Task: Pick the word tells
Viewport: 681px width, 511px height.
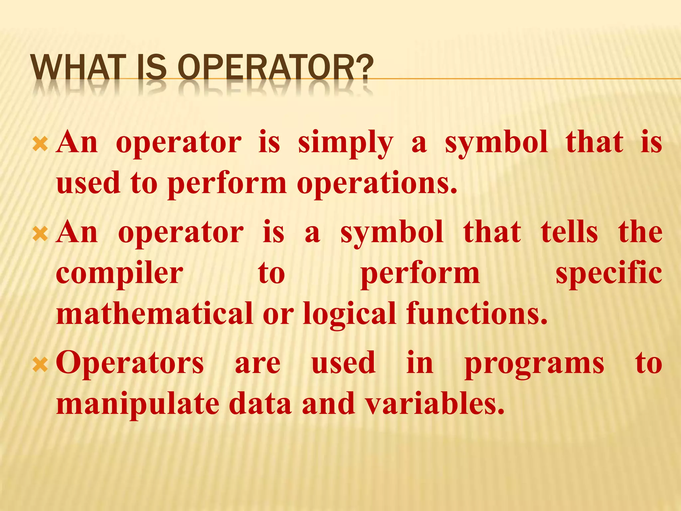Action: pyautogui.click(x=569, y=232)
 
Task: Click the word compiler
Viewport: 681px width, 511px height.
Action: pyautogui.click(x=120, y=273)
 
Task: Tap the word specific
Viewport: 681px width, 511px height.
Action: pyautogui.click(x=609, y=273)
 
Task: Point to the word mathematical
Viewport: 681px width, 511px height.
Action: pyautogui.click(x=155, y=313)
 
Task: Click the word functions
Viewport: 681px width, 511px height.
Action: pyautogui.click(x=477, y=313)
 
